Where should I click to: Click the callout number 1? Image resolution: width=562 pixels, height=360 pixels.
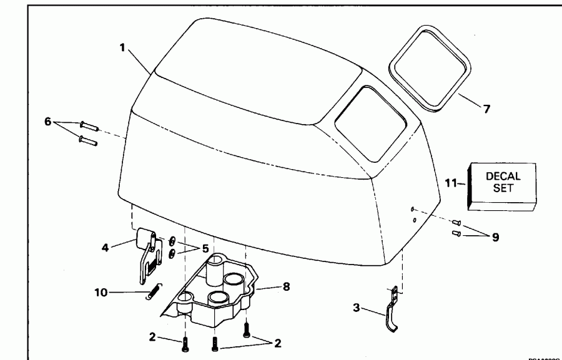124,47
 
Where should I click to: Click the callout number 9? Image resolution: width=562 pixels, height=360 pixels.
495,238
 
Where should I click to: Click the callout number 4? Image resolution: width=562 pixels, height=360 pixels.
106,246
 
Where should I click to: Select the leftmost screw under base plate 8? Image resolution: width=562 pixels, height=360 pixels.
184,344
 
